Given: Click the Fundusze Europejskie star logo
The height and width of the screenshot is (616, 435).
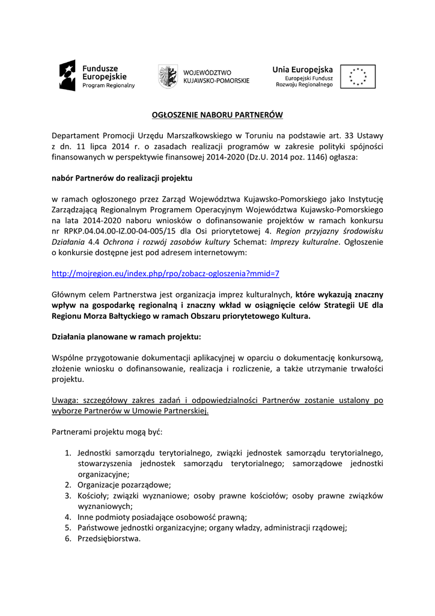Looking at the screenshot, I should (67, 76).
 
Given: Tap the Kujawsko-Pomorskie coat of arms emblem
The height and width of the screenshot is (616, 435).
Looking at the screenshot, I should (167, 76).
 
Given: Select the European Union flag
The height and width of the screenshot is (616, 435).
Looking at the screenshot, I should (357, 76).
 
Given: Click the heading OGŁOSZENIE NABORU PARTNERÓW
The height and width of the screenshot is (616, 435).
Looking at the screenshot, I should (217, 114).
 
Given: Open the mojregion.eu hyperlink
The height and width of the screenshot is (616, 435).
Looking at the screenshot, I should (166, 273).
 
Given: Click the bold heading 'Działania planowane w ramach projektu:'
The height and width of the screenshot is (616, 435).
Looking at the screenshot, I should (127, 336).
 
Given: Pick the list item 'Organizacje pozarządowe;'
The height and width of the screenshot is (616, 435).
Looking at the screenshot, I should (124, 485).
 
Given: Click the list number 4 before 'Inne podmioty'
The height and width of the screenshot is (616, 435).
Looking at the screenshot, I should (68, 517).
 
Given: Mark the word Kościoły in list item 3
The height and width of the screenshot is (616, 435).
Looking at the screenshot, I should (93, 496).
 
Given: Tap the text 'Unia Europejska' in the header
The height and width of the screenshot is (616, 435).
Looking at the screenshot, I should (303, 69).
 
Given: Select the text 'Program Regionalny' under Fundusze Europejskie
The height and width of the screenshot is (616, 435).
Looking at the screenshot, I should (108, 86).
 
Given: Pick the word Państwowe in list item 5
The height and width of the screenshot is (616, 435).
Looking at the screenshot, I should (97, 528).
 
